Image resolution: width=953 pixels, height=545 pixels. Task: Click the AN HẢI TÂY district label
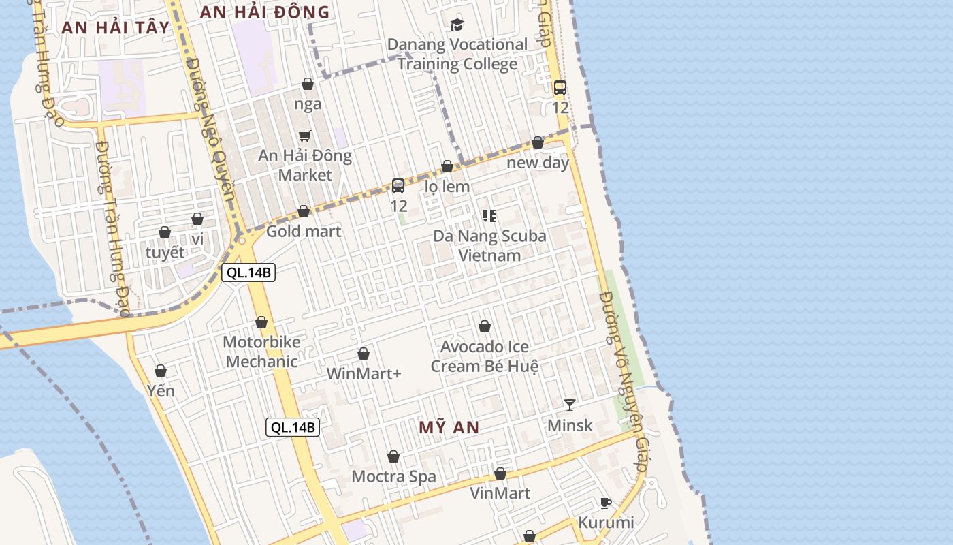(x=115, y=27)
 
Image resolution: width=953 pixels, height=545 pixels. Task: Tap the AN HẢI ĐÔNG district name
(x=265, y=12)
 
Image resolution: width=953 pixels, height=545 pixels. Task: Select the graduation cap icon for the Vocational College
(x=457, y=25)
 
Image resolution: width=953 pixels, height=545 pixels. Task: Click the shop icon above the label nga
(x=308, y=84)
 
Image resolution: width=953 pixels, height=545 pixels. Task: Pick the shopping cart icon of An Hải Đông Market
(x=305, y=136)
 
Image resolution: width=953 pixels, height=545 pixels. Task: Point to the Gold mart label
(x=304, y=231)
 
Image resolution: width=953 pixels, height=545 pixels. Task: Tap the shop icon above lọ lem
(x=447, y=167)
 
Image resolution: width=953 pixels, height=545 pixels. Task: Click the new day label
(x=538, y=163)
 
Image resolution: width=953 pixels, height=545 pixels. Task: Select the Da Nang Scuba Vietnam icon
(x=489, y=216)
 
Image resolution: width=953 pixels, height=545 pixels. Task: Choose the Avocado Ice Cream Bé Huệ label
(x=485, y=356)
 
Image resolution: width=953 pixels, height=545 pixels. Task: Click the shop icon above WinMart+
(x=364, y=354)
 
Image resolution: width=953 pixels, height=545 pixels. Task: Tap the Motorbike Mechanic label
(x=261, y=352)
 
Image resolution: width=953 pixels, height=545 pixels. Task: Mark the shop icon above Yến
(x=161, y=371)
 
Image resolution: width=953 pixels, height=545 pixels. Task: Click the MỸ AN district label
(x=449, y=428)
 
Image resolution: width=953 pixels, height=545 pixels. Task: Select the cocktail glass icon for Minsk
(x=570, y=405)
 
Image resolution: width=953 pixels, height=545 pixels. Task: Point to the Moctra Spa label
(x=393, y=476)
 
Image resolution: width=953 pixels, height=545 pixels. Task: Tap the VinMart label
(x=500, y=493)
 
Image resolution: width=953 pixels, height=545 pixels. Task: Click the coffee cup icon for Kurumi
(x=605, y=503)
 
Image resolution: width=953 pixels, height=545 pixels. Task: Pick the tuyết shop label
(x=165, y=252)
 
